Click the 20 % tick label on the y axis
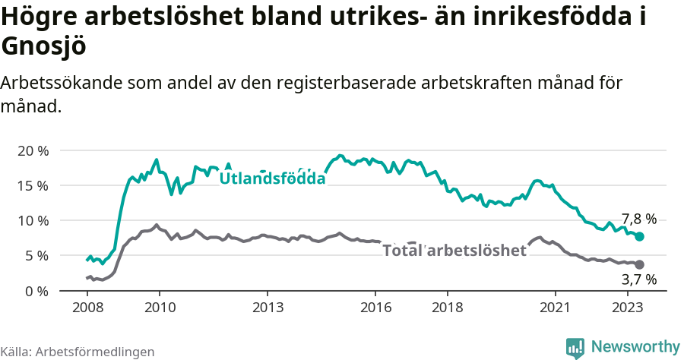pos(32,150)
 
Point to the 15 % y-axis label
pos(32,185)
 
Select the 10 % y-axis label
pos(32,220)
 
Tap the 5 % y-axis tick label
pos(36,255)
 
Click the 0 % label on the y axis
pos(36,291)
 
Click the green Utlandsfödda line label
pos(272,178)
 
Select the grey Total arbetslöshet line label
pos(454,251)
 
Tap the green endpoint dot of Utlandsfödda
pos(640,237)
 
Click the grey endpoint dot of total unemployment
pos(640,264)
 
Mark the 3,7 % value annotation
pos(638,280)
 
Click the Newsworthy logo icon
pos(575,346)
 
